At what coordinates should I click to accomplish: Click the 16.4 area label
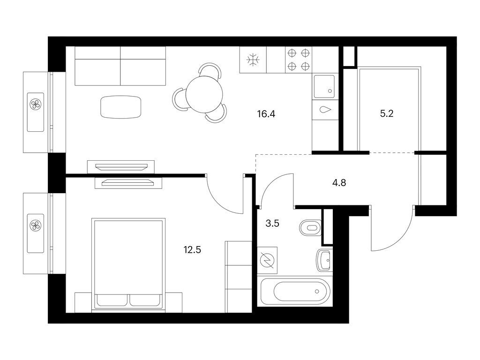pyautogui.click(x=265, y=113)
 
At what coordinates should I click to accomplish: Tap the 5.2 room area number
pyautogui.click(x=386, y=113)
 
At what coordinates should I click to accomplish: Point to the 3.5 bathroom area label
pyautogui.click(x=272, y=223)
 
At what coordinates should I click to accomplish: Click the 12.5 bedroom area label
pyautogui.click(x=192, y=249)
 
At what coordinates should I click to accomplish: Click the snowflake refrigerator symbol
pyautogui.click(x=253, y=60)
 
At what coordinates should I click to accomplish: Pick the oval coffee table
pyautogui.click(x=120, y=107)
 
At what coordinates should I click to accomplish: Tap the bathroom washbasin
pyautogui.click(x=324, y=260)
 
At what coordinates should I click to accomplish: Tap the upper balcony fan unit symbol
pyautogui.click(x=36, y=104)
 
